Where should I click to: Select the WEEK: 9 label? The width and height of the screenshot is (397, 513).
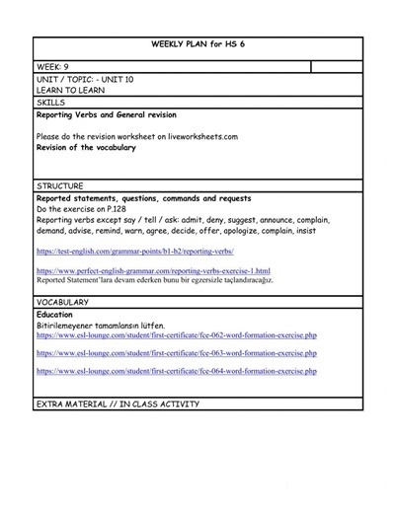(51, 67)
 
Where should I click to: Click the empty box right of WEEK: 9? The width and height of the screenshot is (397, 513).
(336, 67)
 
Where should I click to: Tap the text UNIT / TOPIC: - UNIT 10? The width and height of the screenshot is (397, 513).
(85, 79)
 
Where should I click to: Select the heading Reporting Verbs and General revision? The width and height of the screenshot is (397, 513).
(119, 114)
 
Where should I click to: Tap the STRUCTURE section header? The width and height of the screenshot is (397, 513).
(59, 185)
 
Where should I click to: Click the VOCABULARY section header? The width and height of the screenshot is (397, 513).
(62, 302)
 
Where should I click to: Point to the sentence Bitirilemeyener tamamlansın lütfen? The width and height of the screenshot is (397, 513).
(101, 326)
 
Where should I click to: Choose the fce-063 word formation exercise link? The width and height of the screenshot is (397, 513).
(176, 352)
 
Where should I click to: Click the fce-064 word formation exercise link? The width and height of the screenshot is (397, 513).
(176, 371)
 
